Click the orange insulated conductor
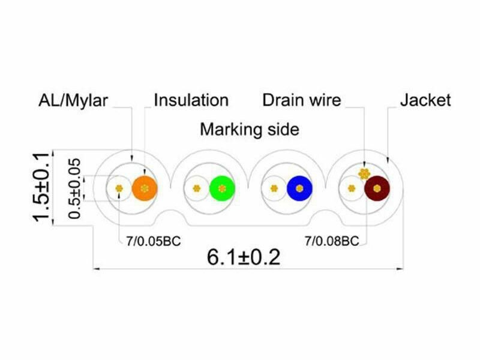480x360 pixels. (x=145, y=188)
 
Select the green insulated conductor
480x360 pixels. (x=222, y=188)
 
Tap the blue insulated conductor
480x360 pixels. (x=299, y=188)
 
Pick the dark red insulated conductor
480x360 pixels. (x=377, y=188)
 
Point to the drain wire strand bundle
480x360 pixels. (x=364, y=174)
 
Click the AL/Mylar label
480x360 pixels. (x=73, y=100)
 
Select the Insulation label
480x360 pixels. (x=191, y=100)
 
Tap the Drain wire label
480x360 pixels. (x=302, y=100)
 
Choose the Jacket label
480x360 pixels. (x=425, y=100)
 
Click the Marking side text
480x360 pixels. (x=250, y=129)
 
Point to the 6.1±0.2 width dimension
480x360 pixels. (x=244, y=257)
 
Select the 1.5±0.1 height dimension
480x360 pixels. (x=41, y=187)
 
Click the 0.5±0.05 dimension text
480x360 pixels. (x=74, y=188)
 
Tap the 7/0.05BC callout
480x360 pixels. (x=154, y=242)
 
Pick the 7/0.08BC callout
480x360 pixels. (x=332, y=241)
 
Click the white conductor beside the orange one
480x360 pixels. (x=119, y=188)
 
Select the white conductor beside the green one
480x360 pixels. (x=197, y=188)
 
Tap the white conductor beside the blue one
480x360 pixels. (x=274, y=188)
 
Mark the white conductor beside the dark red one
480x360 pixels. (x=352, y=188)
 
